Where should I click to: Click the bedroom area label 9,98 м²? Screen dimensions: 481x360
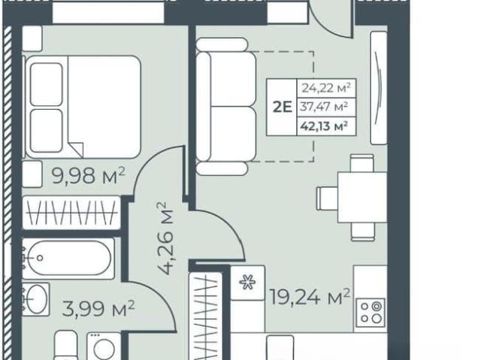(89, 176)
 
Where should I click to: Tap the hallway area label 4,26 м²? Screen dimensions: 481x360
(165, 238)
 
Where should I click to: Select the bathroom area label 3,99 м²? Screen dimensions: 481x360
(98, 309)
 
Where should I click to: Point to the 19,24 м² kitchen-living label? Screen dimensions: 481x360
(310, 297)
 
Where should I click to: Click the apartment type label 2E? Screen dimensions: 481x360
(282, 107)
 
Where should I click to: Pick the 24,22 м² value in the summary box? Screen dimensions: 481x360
(326, 89)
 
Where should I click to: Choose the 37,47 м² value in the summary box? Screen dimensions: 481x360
(324, 107)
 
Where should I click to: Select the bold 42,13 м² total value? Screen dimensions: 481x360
(325, 126)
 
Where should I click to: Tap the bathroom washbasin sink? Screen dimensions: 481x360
(36, 299)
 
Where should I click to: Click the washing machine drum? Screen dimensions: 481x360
(104, 348)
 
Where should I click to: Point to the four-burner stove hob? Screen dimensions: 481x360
(371, 313)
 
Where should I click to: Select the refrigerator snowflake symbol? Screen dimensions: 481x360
(247, 283)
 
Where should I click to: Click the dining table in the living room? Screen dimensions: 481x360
(362, 197)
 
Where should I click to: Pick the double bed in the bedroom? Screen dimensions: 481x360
(83, 107)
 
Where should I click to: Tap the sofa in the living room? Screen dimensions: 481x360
(226, 107)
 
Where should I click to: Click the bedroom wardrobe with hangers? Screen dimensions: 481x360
(71, 213)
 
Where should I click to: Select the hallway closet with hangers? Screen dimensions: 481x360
(206, 316)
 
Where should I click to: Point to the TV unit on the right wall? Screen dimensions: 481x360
(379, 88)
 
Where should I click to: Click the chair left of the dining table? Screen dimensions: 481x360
(328, 198)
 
